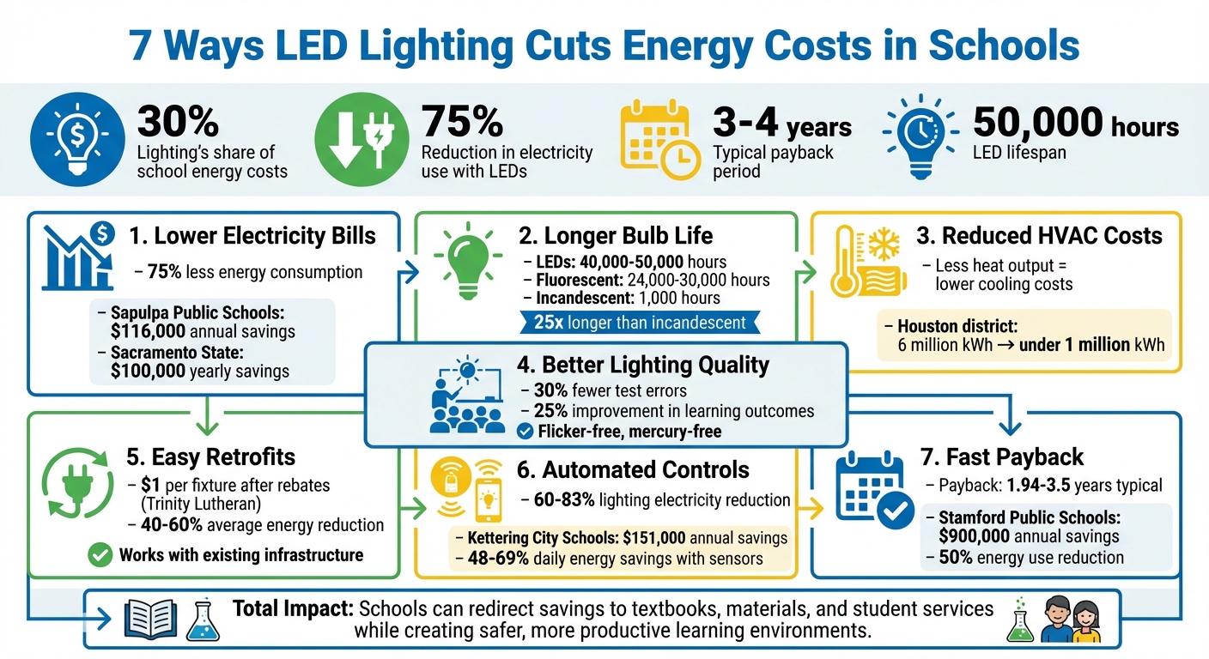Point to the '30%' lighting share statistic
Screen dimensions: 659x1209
tap(178, 122)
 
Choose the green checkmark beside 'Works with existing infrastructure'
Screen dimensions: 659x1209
tap(100, 555)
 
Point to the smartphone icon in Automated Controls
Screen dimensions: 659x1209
tap(488, 499)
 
